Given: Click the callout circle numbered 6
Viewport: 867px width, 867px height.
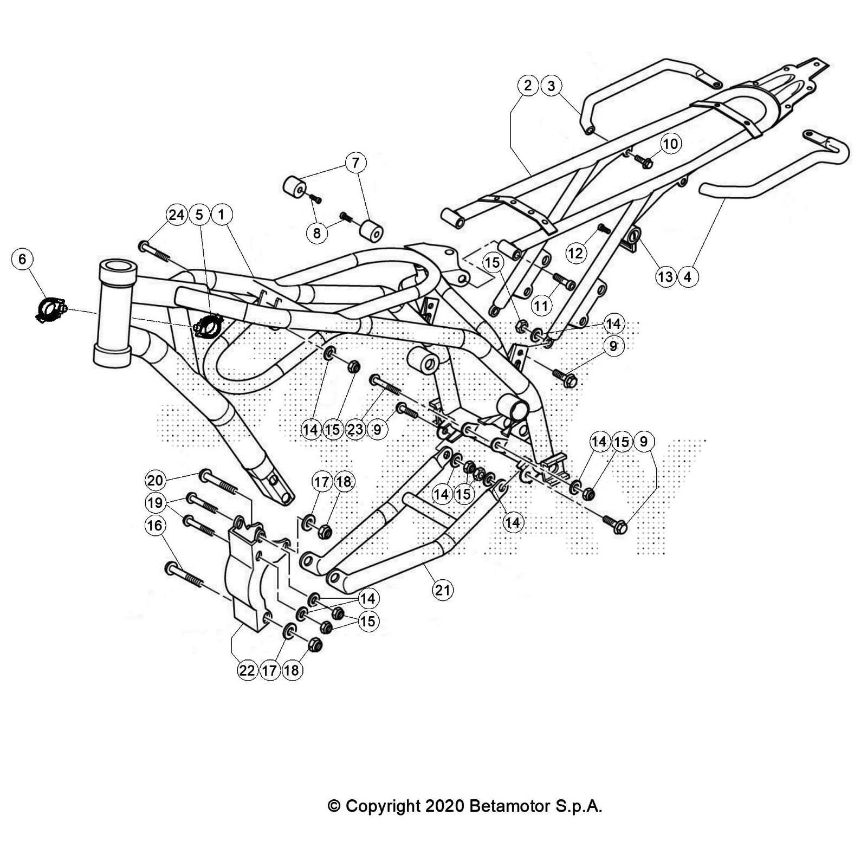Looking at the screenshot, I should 22,258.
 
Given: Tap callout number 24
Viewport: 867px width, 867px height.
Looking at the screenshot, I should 177,215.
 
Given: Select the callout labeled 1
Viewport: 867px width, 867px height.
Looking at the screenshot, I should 221,215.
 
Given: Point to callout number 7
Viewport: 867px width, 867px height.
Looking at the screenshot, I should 355,163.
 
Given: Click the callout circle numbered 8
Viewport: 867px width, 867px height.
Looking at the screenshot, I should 317,233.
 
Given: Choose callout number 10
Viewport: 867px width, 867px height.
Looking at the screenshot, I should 670,144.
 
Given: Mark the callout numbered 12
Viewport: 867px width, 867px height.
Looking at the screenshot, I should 575,253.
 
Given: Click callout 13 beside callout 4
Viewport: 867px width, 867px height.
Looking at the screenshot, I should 665,277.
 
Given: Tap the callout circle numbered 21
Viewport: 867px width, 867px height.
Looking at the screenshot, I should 443,590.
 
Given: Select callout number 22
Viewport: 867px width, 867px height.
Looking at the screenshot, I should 247,670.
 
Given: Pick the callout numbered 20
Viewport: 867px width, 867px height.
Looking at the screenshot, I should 155,480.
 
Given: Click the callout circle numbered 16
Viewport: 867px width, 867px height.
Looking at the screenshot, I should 155,525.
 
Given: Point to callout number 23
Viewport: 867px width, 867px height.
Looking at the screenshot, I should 355,430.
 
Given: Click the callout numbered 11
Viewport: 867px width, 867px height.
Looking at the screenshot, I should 541,306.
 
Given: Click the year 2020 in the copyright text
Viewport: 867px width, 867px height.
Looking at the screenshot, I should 444,806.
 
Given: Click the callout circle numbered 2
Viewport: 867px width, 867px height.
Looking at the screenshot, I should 528,86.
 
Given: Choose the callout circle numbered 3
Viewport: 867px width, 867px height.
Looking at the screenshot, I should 551,86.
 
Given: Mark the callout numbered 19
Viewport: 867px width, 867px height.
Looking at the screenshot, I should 155,503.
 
